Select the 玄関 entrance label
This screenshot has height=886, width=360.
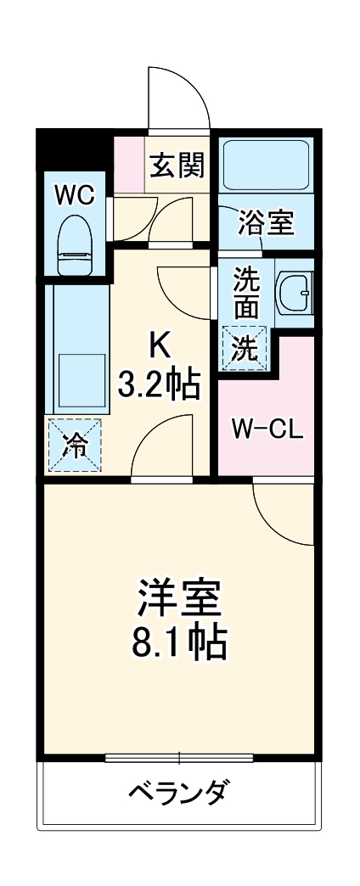pyautogui.click(x=177, y=165)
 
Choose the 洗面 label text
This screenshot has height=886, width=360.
pyautogui.click(x=246, y=293)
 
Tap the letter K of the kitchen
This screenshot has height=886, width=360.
pyautogui.click(x=160, y=346)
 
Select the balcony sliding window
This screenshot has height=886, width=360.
pyautogui.click(x=180, y=756)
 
